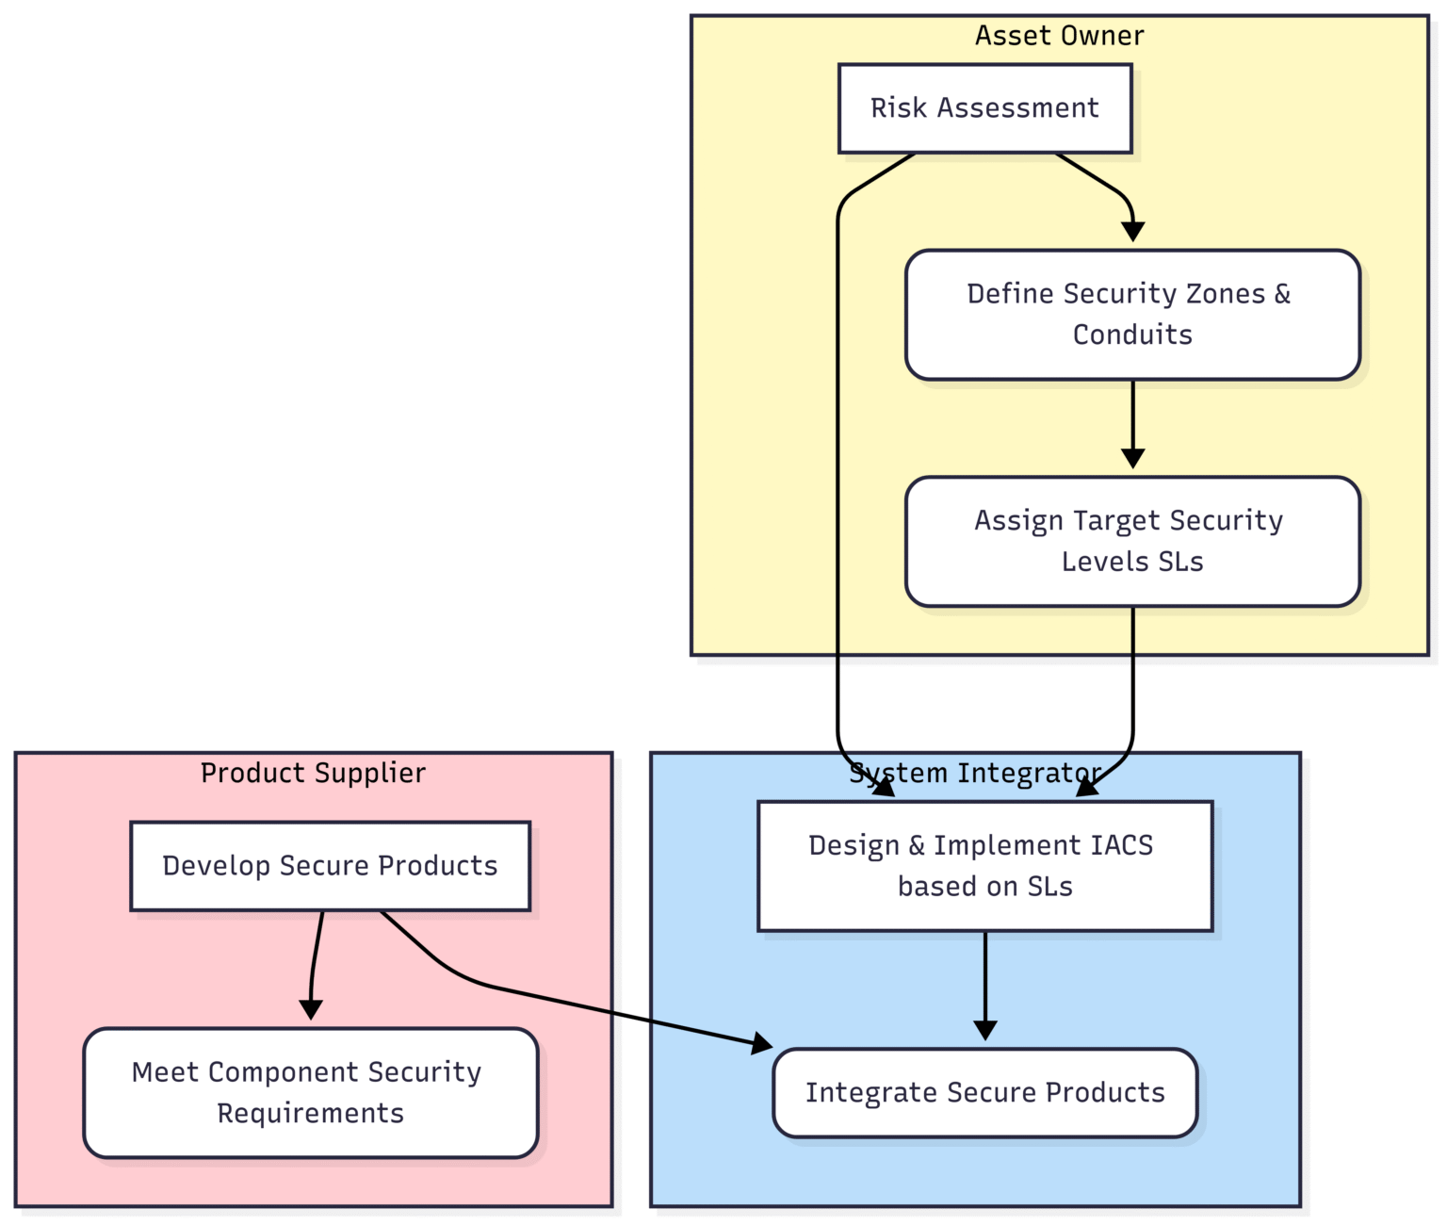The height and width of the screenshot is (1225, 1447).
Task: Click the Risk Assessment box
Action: (x=984, y=108)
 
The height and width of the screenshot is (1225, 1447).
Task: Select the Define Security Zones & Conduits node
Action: (x=1132, y=315)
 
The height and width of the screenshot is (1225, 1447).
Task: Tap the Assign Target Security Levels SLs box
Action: (x=1132, y=541)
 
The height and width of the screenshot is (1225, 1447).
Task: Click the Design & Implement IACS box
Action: (x=984, y=866)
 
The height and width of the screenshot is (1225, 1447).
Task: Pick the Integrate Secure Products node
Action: (x=984, y=1092)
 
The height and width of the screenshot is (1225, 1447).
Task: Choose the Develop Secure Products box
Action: (x=330, y=866)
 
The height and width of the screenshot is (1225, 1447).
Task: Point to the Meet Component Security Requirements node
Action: (x=310, y=1092)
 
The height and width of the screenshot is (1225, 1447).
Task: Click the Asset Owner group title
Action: (x=1059, y=36)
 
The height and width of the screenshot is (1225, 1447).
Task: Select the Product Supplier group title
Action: (x=313, y=774)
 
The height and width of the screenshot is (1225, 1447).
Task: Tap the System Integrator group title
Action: (x=975, y=774)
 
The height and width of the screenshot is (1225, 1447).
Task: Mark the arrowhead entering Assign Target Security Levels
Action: (x=1132, y=459)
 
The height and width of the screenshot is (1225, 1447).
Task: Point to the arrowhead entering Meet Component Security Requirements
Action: (x=310, y=1010)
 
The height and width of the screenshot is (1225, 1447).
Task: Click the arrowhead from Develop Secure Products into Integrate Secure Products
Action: (x=762, y=1043)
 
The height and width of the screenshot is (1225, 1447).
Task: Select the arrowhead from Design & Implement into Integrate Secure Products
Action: (x=984, y=1030)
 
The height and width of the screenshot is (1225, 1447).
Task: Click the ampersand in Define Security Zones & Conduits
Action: (x=1282, y=294)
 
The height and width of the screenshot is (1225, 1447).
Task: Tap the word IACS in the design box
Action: (x=1121, y=845)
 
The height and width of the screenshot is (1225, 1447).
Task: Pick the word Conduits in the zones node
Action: (x=1132, y=335)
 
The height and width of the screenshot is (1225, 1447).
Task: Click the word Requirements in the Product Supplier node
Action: (x=310, y=1114)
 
